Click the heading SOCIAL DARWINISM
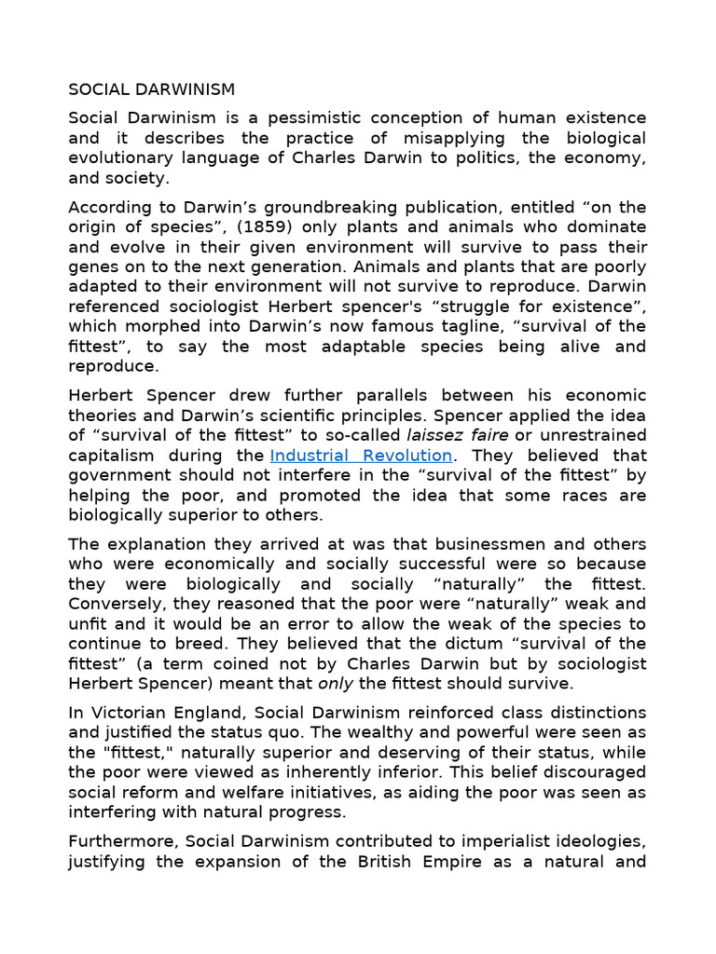(152, 89)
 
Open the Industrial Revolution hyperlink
(361, 456)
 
